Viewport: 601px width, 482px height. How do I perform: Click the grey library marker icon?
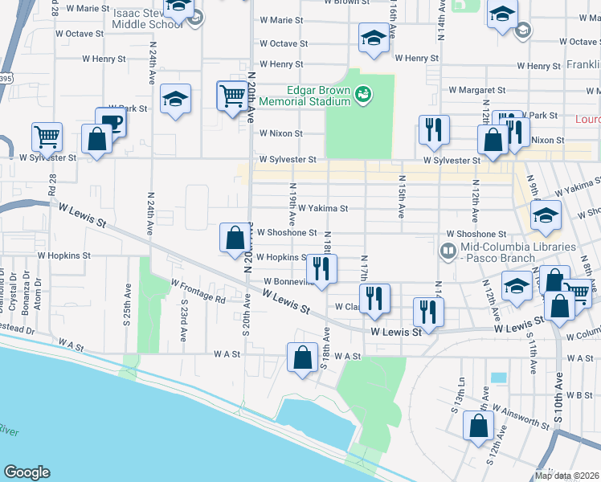447,251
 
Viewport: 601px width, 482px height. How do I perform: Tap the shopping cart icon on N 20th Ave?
232,96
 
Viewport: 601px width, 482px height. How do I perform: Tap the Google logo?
27,472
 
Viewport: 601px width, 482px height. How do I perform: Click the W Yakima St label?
322,208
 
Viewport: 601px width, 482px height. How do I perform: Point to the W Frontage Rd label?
198,290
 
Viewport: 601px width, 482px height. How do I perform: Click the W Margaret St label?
477,91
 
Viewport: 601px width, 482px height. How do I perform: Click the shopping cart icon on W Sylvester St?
47,137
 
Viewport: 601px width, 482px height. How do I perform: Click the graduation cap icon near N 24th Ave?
175,99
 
